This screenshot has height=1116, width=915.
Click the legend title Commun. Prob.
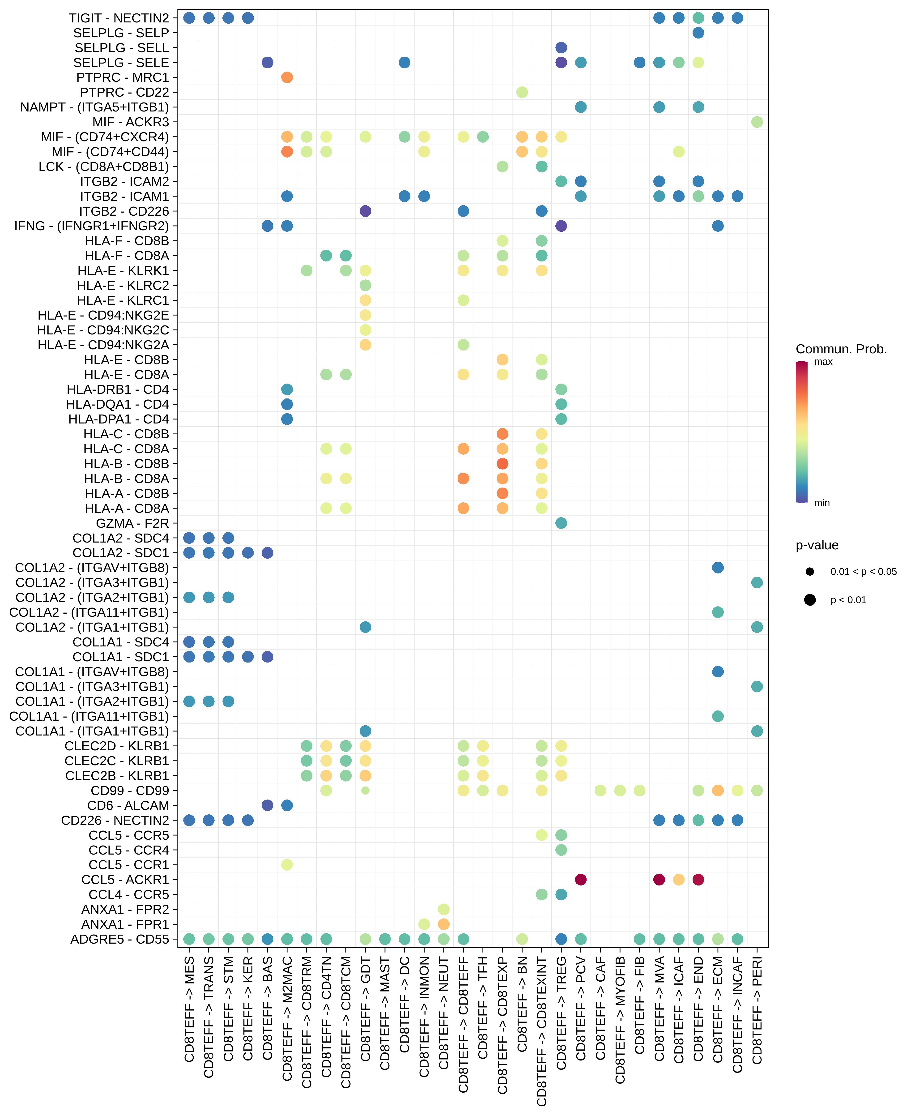(841, 349)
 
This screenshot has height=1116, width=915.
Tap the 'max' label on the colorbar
(823, 362)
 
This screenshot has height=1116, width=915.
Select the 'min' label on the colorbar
(822, 503)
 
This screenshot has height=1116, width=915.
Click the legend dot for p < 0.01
(810, 600)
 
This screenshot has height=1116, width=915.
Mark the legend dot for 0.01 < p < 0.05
(810, 571)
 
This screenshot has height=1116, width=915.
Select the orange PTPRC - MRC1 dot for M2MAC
(287, 77)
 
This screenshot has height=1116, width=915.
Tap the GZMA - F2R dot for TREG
(561, 523)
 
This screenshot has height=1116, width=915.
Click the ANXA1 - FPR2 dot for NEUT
(444, 909)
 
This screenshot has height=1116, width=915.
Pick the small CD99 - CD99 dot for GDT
(365, 791)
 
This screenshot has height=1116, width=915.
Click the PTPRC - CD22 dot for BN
(522, 92)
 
